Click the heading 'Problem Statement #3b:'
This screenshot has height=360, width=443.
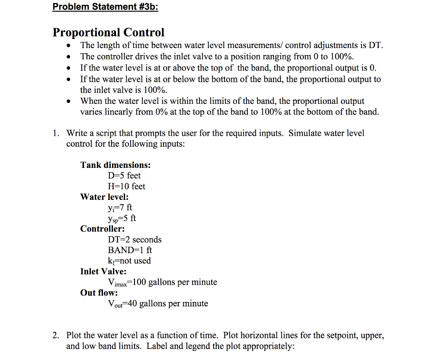tap(105, 7)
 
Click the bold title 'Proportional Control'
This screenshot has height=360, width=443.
tap(109, 32)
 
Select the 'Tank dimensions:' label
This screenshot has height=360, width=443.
tap(116, 165)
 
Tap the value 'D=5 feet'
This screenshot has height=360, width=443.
tap(124, 176)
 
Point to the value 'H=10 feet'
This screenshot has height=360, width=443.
tap(126, 186)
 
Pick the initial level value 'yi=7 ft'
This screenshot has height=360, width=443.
tap(120, 208)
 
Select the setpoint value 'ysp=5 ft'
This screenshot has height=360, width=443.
tap(122, 219)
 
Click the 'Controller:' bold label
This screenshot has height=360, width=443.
tap(103, 229)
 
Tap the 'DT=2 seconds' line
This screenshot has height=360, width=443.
tap(135, 240)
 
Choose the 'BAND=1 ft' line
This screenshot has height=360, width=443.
tap(130, 250)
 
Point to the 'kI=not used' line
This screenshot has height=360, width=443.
tap(129, 261)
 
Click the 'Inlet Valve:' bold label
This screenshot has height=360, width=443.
tap(103, 271)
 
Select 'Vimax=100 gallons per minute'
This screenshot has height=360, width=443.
tap(162, 283)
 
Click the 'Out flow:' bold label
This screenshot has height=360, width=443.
tap(99, 293)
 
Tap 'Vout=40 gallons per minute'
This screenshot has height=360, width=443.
tap(158, 304)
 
